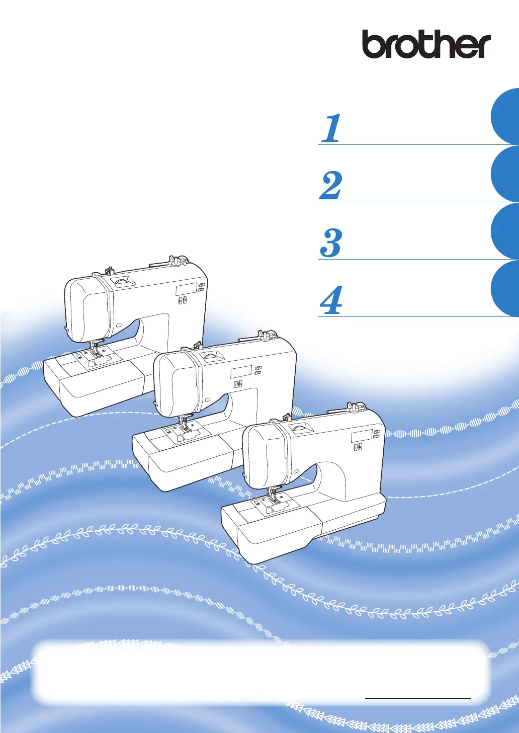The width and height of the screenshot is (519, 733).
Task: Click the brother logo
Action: tap(426, 44)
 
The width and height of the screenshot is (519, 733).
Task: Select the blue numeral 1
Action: tap(331, 128)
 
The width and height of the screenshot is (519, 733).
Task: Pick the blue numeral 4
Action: tap(331, 300)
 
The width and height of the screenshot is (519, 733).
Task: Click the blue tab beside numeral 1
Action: tap(505, 116)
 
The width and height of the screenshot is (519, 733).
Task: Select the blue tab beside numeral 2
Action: tap(505, 174)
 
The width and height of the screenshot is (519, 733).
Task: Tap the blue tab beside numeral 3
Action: tap(505, 231)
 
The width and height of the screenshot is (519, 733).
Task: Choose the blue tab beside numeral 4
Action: tap(505, 288)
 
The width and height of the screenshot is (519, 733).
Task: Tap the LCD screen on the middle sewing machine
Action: tap(241, 371)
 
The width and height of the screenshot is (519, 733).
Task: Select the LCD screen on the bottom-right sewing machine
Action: tap(362, 436)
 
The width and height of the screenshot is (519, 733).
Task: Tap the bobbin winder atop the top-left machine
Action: tap(179, 261)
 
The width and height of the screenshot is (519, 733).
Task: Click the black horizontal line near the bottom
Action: tap(417, 698)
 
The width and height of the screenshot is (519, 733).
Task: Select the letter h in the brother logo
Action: tap(444, 44)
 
